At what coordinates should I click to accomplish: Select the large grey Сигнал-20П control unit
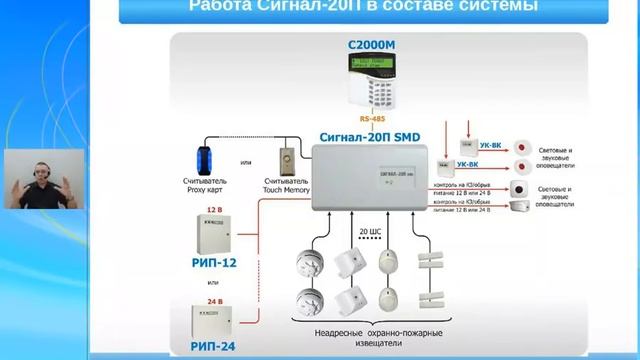click(x=369, y=178)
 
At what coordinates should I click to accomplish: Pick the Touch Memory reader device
click(x=288, y=158)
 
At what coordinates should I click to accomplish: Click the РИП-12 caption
click(x=214, y=265)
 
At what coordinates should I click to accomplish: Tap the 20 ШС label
click(x=369, y=232)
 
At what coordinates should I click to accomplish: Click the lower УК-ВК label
click(x=466, y=164)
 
